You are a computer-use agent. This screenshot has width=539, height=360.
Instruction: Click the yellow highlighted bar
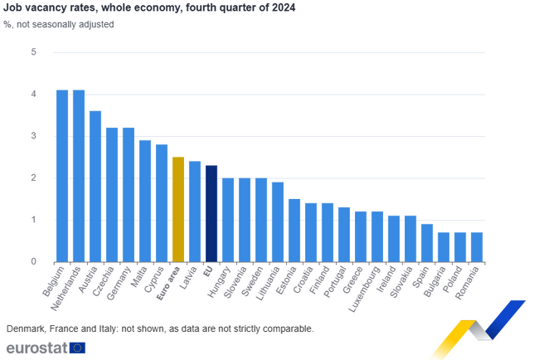coord(177,207)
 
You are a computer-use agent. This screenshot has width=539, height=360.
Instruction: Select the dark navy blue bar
coord(211,212)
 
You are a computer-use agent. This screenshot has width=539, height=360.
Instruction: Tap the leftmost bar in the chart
coord(61,174)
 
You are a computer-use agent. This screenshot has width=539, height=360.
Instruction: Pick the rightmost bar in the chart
coord(477,246)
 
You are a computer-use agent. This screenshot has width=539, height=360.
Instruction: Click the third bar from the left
coord(95,184)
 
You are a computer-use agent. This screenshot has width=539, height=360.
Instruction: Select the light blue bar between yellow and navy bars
coord(195,210)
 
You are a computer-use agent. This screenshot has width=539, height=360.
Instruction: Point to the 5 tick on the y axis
coord(34,52)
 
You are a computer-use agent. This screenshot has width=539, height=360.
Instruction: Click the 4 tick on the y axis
coord(34,95)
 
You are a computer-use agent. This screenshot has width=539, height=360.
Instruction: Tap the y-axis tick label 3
coord(34,136)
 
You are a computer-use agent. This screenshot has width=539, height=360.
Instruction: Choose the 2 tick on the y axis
coord(34,178)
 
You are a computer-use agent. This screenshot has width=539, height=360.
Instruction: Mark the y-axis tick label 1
coord(34,220)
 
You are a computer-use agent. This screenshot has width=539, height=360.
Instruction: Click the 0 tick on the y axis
coord(34,261)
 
